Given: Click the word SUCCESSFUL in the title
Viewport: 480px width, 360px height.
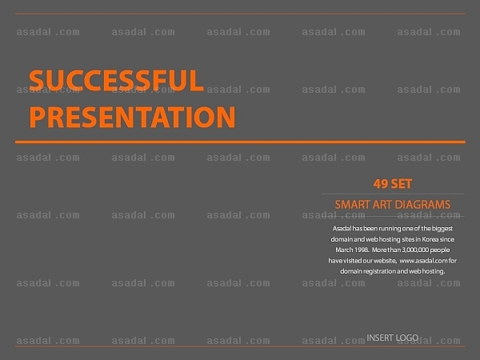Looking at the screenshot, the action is (116, 80).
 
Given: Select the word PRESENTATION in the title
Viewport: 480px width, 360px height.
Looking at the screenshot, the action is (132, 117).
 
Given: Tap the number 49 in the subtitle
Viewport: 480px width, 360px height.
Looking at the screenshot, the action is (381, 184).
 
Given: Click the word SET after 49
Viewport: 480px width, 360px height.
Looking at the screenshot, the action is (402, 184).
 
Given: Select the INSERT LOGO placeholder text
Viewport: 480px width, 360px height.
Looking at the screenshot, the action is (393, 338).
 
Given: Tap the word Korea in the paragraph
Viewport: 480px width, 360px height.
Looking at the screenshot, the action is (430, 239).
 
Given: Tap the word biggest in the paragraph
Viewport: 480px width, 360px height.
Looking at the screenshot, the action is (442, 228).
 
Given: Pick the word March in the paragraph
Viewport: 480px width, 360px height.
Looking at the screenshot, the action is (344, 250).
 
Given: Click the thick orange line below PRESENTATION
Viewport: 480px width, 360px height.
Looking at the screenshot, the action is (240, 142).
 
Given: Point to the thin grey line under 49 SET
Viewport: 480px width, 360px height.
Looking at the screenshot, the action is (393, 194).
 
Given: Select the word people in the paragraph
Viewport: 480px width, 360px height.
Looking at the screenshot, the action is (440, 250).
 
